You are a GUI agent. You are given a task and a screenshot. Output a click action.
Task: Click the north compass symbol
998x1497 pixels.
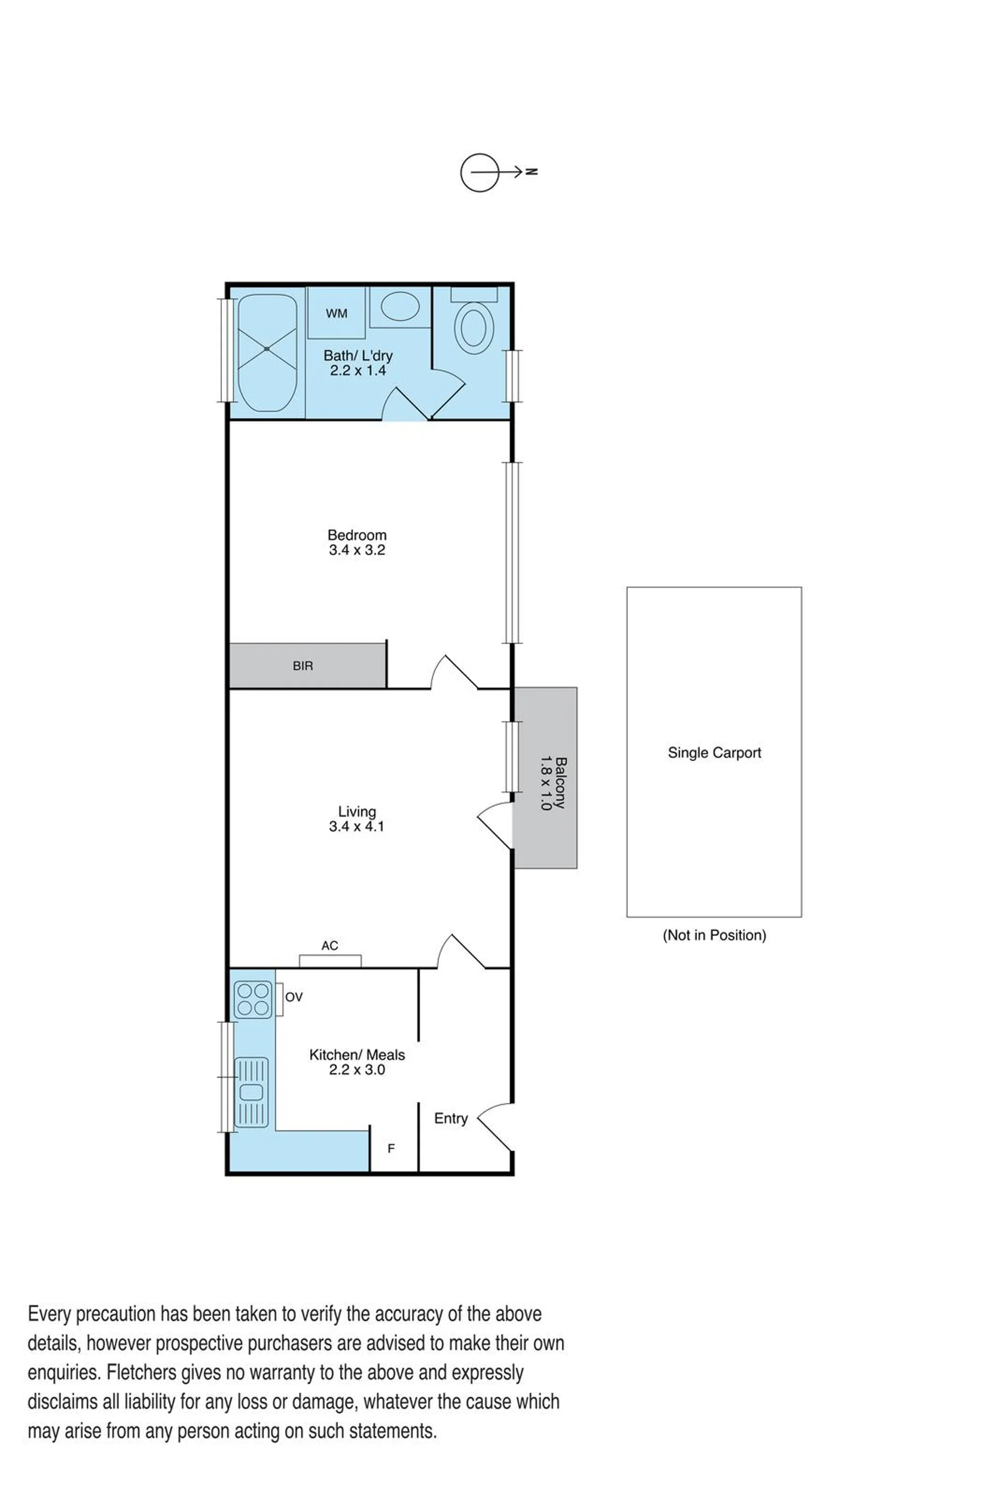coord(498,172)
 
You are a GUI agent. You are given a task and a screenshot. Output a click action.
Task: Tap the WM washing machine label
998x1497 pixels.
coord(337,313)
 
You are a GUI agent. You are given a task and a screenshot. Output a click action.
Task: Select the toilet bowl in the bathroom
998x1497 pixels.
coord(474,327)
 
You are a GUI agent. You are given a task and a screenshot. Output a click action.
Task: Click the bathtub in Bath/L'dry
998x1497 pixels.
coord(267,352)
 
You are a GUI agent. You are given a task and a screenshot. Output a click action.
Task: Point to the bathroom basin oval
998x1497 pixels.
coord(400,306)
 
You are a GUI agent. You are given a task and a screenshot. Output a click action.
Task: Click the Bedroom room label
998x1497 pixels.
coord(357,535)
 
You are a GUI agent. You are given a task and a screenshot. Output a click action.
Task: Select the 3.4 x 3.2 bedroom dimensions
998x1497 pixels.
coord(357,550)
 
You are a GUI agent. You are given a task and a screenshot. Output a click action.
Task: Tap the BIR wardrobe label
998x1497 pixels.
coord(303,666)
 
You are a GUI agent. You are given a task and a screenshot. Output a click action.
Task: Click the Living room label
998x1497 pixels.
coord(357,811)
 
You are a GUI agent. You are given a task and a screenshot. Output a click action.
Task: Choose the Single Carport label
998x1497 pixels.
coord(714,752)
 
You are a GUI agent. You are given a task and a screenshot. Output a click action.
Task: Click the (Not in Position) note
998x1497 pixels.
coord(714,935)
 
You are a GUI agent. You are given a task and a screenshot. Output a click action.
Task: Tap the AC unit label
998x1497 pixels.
coord(330,946)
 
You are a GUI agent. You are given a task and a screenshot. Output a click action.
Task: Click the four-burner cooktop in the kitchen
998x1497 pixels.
coord(253,999)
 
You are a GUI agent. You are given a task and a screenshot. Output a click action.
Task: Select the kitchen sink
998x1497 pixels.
coord(252,1092)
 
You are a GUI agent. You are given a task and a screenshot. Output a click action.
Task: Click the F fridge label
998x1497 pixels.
coord(391,1148)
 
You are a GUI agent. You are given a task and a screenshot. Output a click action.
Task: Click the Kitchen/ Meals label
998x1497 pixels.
coord(357,1055)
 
